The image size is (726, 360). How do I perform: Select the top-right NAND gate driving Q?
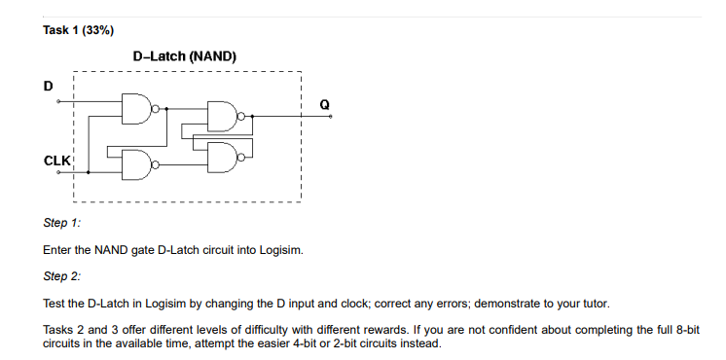point(224,116)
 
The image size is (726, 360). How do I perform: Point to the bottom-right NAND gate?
point(224,154)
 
